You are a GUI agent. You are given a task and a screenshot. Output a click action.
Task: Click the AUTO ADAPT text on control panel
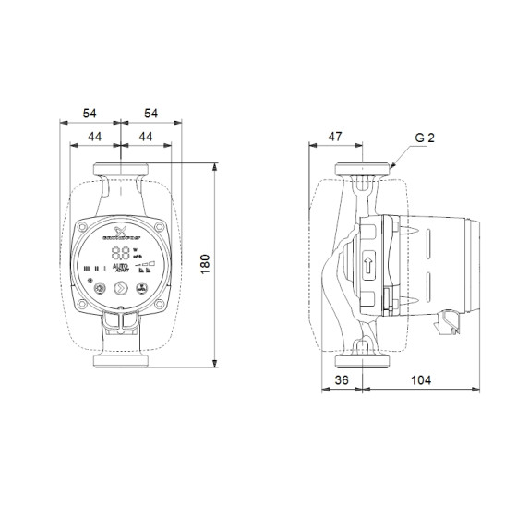[120, 271]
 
